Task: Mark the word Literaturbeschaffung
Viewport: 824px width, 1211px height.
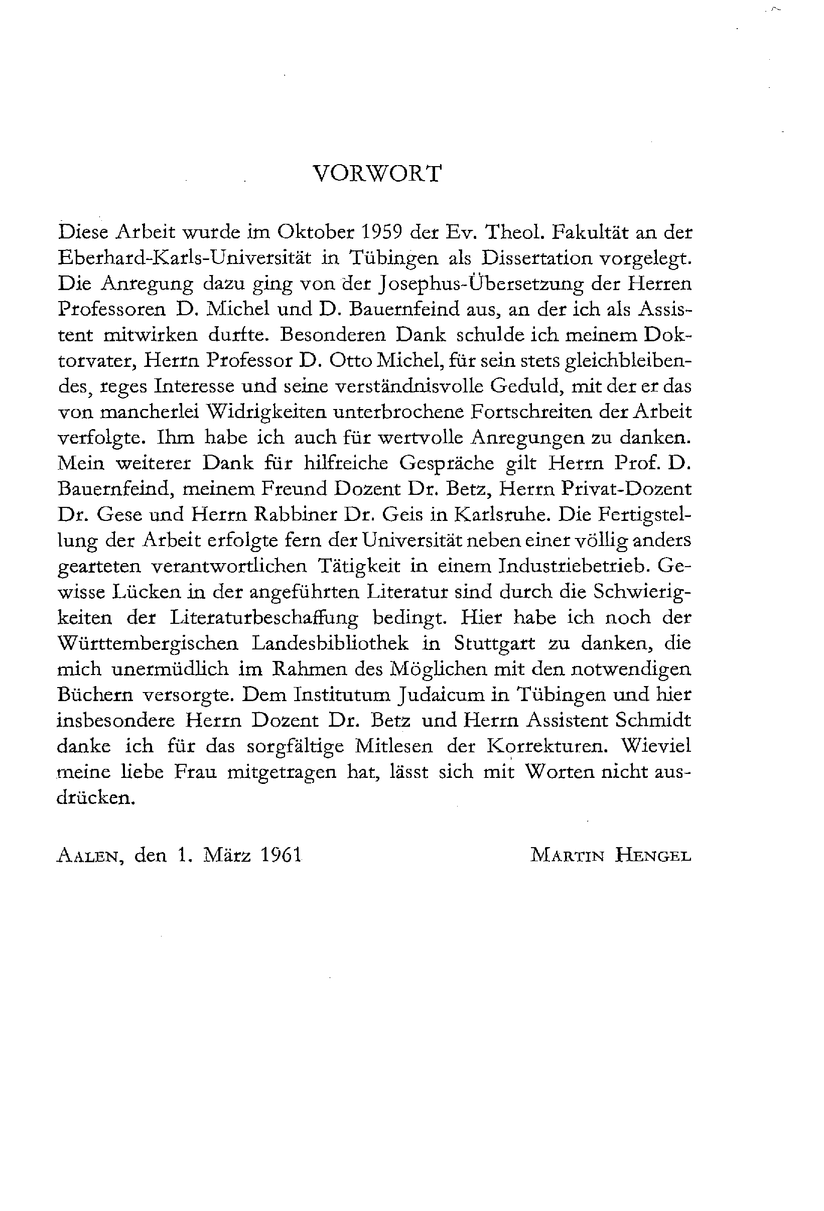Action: click(x=264, y=617)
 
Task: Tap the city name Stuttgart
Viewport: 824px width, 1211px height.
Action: click(x=494, y=643)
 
